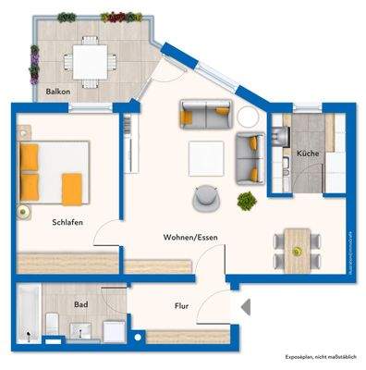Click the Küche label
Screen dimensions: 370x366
click(x=308, y=152)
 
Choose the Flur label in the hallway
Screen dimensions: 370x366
click(x=182, y=305)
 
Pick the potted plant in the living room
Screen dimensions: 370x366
click(x=247, y=200)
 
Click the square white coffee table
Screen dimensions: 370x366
click(x=204, y=158)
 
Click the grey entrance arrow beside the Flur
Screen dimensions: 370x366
click(x=245, y=306)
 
